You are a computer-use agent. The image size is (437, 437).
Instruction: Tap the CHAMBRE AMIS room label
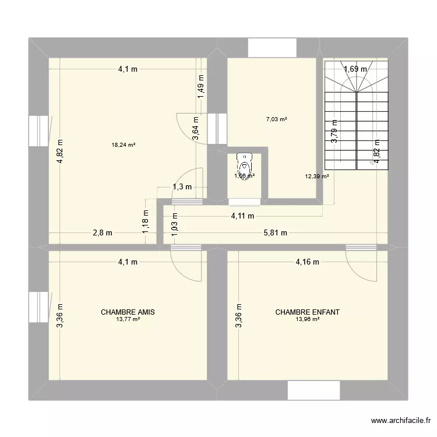point(128,312)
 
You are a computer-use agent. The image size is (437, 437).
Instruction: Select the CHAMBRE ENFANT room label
point(307,312)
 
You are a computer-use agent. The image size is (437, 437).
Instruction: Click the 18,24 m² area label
point(124,145)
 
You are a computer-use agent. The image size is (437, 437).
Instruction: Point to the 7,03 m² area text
point(276,119)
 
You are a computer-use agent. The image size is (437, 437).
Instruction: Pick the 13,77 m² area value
point(128,319)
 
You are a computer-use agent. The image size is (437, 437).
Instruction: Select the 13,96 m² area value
point(307,319)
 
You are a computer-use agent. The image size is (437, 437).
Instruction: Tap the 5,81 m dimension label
point(276,233)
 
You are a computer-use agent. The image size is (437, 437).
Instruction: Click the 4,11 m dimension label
point(242,216)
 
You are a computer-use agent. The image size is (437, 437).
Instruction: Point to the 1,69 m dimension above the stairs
point(355,69)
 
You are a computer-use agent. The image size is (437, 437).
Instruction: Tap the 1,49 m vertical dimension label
point(201,87)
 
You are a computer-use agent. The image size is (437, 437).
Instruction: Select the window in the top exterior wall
point(272,48)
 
